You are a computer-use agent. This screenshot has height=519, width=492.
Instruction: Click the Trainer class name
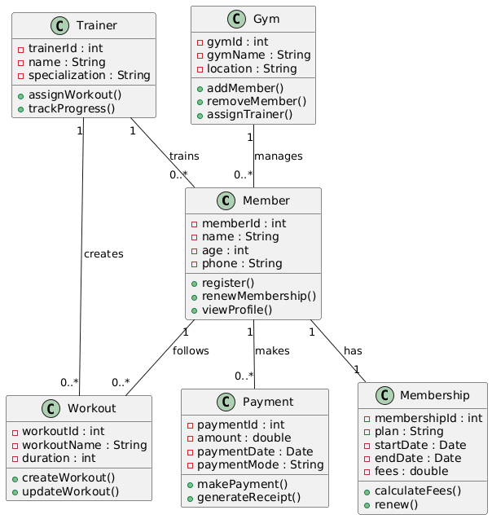(x=97, y=25)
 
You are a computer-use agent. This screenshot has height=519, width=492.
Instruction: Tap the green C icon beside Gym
(x=236, y=19)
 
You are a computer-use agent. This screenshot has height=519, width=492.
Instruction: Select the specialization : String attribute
(x=90, y=76)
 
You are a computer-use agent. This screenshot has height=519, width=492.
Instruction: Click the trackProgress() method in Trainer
(x=72, y=108)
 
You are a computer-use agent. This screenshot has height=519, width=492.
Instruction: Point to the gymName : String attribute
(x=259, y=55)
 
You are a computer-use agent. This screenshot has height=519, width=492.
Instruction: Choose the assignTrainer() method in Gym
(x=249, y=115)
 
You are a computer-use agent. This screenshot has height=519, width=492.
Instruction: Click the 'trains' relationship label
(x=184, y=156)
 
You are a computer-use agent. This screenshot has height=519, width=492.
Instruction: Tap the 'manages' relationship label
(x=279, y=156)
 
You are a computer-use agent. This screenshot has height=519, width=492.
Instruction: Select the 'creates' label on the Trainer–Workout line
(x=103, y=254)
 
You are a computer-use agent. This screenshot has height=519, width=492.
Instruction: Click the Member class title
(x=266, y=200)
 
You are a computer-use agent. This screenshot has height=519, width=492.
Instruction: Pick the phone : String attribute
(x=242, y=263)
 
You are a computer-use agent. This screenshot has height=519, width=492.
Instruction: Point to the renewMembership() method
(x=259, y=297)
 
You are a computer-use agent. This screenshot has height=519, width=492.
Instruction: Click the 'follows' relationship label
(x=191, y=351)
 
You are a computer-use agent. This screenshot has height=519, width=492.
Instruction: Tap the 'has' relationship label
(x=353, y=351)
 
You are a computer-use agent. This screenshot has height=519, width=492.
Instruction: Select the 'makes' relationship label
(x=272, y=351)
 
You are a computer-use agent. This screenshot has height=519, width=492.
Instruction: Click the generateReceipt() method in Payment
(x=248, y=498)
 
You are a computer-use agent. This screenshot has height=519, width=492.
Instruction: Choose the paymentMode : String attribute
(x=261, y=464)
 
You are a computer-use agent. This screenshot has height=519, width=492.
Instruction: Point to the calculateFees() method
(x=418, y=490)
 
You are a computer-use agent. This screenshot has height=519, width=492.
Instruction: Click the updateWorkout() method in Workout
(x=71, y=491)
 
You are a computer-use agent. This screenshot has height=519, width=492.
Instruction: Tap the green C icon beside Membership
(x=384, y=395)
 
